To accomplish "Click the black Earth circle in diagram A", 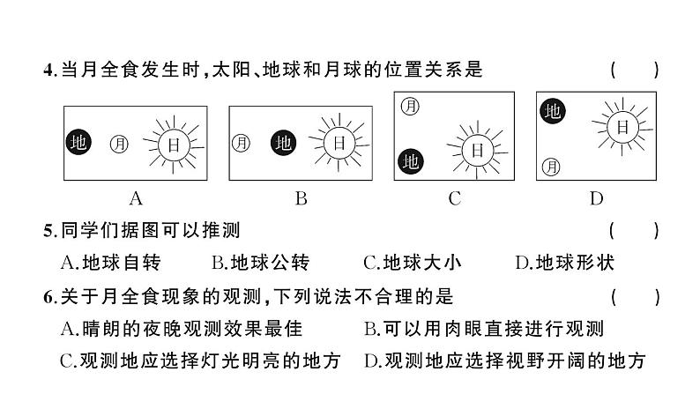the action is pyautogui.click(x=78, y=142).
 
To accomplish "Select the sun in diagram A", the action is pyautogui.click(x=174, y=142).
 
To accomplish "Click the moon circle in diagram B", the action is pyautogui.click(x=241, y=142).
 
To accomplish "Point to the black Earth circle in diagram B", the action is pyautogui.click(x=282, y=142).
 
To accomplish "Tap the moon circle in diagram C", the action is pyautogui.click(x=410, y=106).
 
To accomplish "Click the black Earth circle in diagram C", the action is pyautogui.click(x=410, y=160).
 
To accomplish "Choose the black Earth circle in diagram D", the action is pyautogui.click(x=553, y=111).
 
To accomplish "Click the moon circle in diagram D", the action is pyautogui.click(x=553, y=164).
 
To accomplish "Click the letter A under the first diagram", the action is pyautogui.click(x=136, y=198).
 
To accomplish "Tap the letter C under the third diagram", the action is pyautogui.click(x=455, y=198).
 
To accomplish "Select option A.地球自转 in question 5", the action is pyautogui.click(x=111, y=262).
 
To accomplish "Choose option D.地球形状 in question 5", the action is pyautogui.click(x=564, y=262).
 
